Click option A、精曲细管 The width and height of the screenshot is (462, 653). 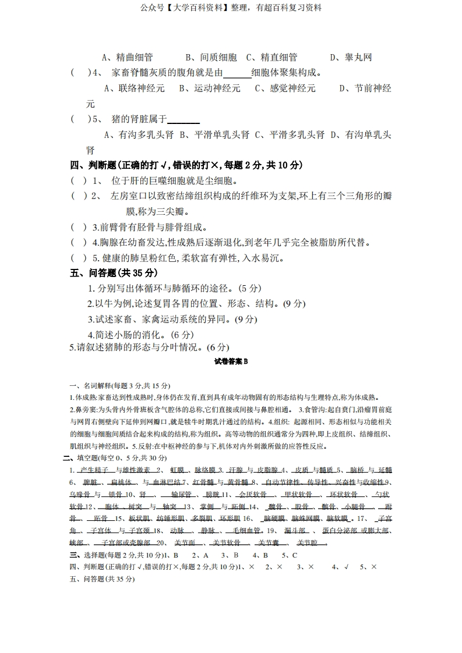(x=127, y=57)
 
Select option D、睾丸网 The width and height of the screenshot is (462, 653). (x=351, y=57)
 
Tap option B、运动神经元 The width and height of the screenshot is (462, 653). (x=210, y=88)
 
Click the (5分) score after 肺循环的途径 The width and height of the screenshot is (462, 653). (x=251, y=289)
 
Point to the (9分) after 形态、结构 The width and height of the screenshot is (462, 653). (x=294, y=304)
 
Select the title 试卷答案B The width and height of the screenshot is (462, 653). (x=231, y=361)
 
